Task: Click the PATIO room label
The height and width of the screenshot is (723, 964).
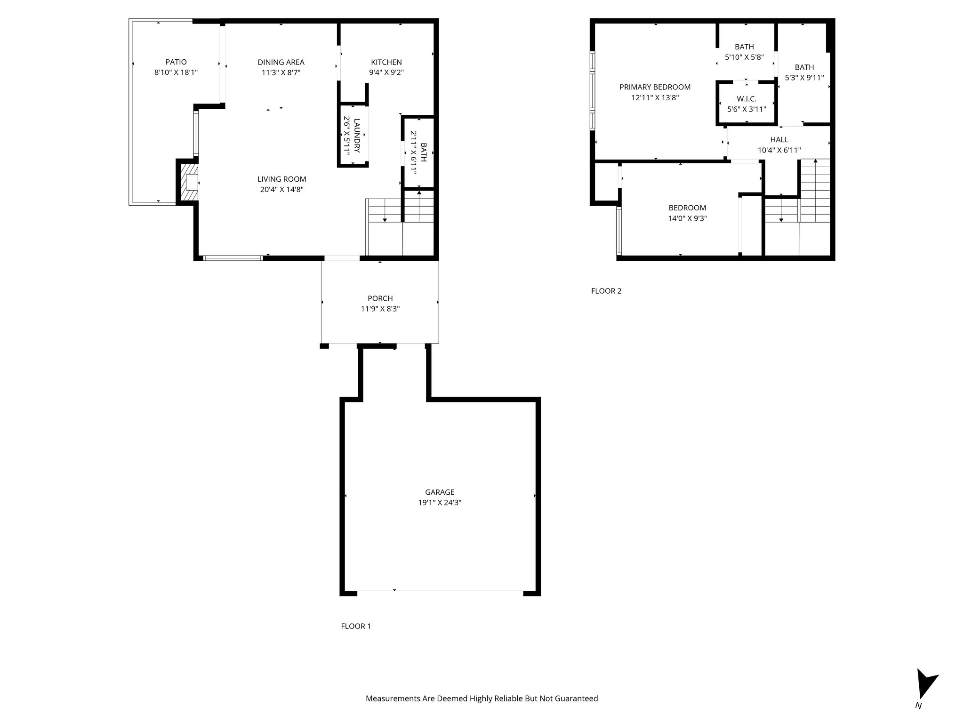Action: pyautogui.click(x=176, y=62)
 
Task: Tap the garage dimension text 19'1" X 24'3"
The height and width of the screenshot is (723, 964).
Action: pyautogui.click(x=440, y=503)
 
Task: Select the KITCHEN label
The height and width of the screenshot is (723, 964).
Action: pyautogui.click(x=386, y=62)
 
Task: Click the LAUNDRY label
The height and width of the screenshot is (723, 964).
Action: pyautogui.click(x=357, y=136)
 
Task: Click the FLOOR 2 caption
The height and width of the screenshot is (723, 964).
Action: pyautogui.click(x=606, y=291)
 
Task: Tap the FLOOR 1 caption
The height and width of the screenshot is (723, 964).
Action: pyautogui.click(x=356, y=626)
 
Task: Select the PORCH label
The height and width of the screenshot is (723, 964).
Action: pyautogui.click(x=380, y=298)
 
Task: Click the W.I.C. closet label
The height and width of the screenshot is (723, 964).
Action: pyautogui.click(x=747, y=99)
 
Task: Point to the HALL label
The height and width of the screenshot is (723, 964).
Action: pyautogui.click(x=779, y=140)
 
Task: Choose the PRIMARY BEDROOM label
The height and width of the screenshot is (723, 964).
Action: pyautogui.click(x=655, y=87)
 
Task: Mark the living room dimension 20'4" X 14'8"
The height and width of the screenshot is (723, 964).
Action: pyautogui.click(x=281, y=190)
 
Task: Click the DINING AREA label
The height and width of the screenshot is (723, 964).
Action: pyautogui.click(x=281, y=62)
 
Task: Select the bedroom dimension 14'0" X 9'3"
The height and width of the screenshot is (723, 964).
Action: pyautogui.click(x=687, y=218)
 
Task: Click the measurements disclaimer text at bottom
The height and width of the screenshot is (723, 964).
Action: pyautogui.click(x=482, y=699)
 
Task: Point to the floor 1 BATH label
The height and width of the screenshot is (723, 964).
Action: pyautogui.click(x=424, y=153)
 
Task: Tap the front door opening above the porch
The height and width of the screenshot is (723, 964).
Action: pyautogui.click(x=342, y=258)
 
